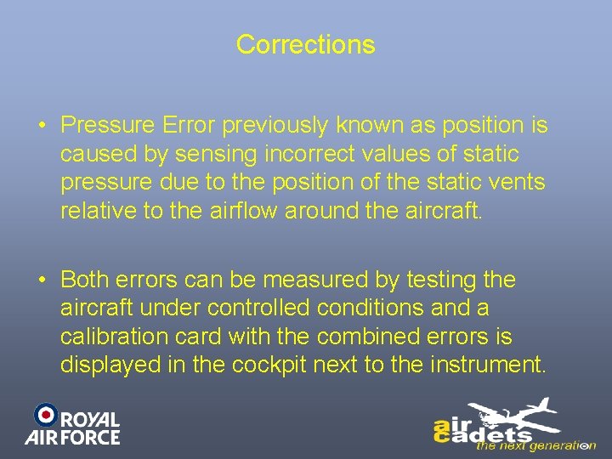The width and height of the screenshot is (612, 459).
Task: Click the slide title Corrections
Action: point(305,44)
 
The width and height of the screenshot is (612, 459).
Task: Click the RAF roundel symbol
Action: point(45,414)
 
